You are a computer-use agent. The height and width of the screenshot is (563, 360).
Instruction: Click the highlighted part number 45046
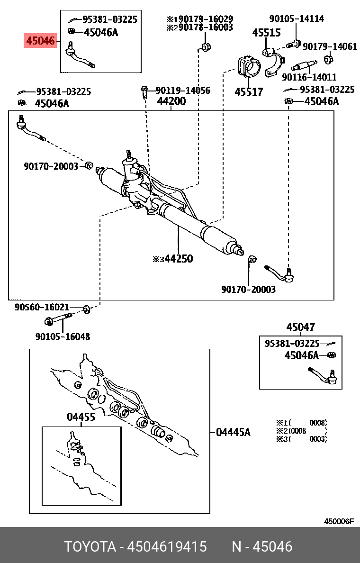(40, 41)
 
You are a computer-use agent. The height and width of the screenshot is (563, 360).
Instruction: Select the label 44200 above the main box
(171, 101)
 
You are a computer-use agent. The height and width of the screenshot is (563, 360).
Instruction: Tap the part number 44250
(178, 259)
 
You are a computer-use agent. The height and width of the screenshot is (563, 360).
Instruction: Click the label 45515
(266, 33)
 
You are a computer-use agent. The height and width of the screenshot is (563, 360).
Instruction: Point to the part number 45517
(249, 92)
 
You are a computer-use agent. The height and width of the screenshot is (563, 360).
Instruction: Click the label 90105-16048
(63, 337)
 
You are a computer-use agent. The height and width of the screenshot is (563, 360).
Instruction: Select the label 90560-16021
(42, 307)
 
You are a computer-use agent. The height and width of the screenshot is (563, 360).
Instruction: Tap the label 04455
(81, 417)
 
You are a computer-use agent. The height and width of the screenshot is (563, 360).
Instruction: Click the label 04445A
(233, 432)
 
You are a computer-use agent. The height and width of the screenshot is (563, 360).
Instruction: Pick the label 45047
(300, 327)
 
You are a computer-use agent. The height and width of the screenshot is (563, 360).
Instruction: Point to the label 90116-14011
(309, 77)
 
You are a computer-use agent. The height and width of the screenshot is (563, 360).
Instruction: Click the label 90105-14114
(297, 19)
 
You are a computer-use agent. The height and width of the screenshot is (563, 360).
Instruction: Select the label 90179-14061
(330, 46)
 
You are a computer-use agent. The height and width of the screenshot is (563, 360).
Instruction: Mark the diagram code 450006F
(338, 521)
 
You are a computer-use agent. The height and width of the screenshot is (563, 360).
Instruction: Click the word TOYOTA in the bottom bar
(90, 547)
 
